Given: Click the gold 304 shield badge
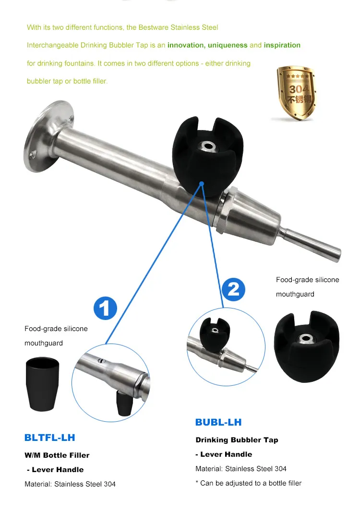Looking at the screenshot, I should pyautogui.click(x=296, y=93).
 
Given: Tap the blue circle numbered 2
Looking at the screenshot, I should pyautogui.click(x=233, y=289).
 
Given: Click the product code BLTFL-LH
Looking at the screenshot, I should pyautogui.click(x=49, y=438).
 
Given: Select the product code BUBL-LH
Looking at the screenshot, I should pyautogui.click(x=218, y=422).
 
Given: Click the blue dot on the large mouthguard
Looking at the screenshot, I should pyautogui.click(x=202, y=183).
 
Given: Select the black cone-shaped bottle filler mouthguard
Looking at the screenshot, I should pyautogui.click(x=42, y=384).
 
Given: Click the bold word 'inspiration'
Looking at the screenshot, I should pyautogui.click(x=282, y=45).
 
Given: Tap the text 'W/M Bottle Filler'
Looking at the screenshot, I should pyautogui.click(x=57, y=455).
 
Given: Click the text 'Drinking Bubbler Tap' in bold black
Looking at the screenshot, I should pyautogui.click(x=237, y=439).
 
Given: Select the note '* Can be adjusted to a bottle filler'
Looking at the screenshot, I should pyautogui.click(x=248, y=483).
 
